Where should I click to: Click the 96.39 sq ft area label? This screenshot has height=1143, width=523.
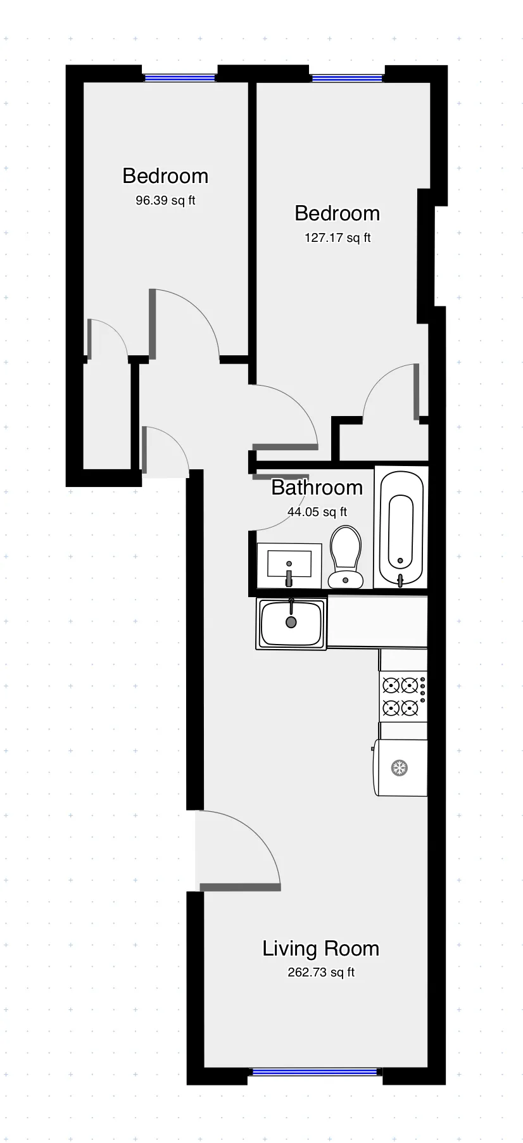[165, 201]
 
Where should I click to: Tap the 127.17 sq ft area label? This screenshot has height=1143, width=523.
[337, 238]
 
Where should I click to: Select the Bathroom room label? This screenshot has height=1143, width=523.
[317, 488]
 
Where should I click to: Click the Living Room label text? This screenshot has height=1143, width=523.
[320, 948]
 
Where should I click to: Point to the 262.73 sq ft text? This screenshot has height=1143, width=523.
[321, 972]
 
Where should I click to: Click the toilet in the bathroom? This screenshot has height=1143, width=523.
[345, 557]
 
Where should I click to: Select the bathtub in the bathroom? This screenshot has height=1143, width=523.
[401, 527]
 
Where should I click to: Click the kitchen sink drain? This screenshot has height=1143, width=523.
[291, 622]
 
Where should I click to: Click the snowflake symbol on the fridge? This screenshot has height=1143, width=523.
[400, 768]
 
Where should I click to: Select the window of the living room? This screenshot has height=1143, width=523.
[315, 1072]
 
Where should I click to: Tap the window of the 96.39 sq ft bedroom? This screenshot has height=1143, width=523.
[179, 78]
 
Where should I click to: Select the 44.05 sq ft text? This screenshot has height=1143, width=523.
[317, 512]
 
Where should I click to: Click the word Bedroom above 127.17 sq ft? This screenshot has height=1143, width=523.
[337, 213]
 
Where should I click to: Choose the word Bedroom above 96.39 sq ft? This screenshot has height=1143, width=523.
[165, 175]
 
